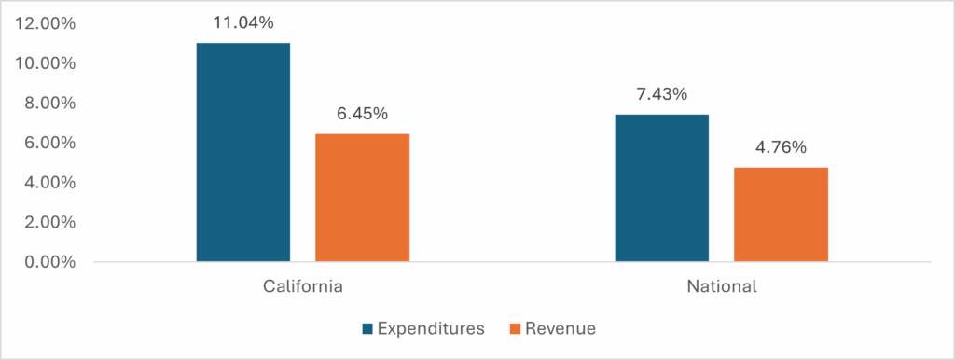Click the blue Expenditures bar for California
coord(242,152)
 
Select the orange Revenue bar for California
coord(362,198)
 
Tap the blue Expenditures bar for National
coord(661,187)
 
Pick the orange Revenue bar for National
coord(781,215)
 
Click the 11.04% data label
coord(242,23)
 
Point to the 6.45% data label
coord(362,114)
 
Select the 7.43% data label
coord(661,94)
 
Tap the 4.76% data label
coord(781,147)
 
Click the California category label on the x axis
coord(302,286)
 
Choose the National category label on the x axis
coord(721,286)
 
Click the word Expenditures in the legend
coord(431,328)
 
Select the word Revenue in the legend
coord(560,328)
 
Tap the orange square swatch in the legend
coord(514,328)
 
